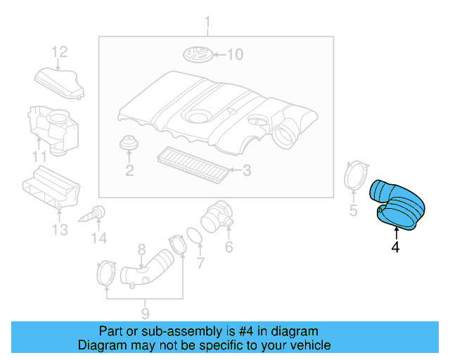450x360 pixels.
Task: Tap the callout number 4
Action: click(x=395, y=247)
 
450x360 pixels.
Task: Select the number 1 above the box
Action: click(x=207, y=26)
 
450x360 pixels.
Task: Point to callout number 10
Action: click(x=233, y=54)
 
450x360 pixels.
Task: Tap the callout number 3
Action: click(x=246, y=169)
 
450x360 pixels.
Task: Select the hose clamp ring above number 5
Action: click(x=358, y=176)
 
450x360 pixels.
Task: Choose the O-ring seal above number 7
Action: click(x=196, y=236)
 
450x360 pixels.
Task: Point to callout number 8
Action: click(x=141, y=249)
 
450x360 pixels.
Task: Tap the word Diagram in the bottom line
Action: click(x=100, y=345)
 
